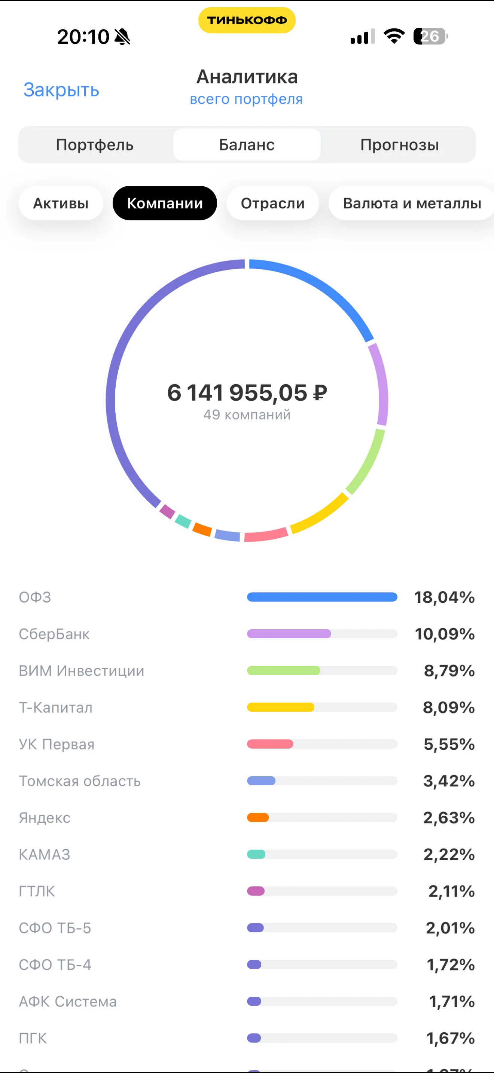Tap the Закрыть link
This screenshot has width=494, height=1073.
61,90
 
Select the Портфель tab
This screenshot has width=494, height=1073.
95,145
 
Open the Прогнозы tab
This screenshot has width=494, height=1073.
399,145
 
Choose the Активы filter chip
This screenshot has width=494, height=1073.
61,203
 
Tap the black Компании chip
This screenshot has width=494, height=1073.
165,203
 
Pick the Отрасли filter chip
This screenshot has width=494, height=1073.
273,203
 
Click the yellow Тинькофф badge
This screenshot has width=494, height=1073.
247,20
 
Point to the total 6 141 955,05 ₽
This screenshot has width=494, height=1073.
247,392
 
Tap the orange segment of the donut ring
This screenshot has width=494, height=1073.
202,529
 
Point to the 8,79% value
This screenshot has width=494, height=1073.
449,670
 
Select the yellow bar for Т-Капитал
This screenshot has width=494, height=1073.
281,707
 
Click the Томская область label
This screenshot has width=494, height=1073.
80,781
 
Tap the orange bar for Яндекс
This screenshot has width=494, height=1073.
258,818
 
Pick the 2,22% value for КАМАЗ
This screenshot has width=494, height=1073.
449,854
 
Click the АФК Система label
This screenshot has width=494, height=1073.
67,1002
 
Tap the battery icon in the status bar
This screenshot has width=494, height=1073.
431,36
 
